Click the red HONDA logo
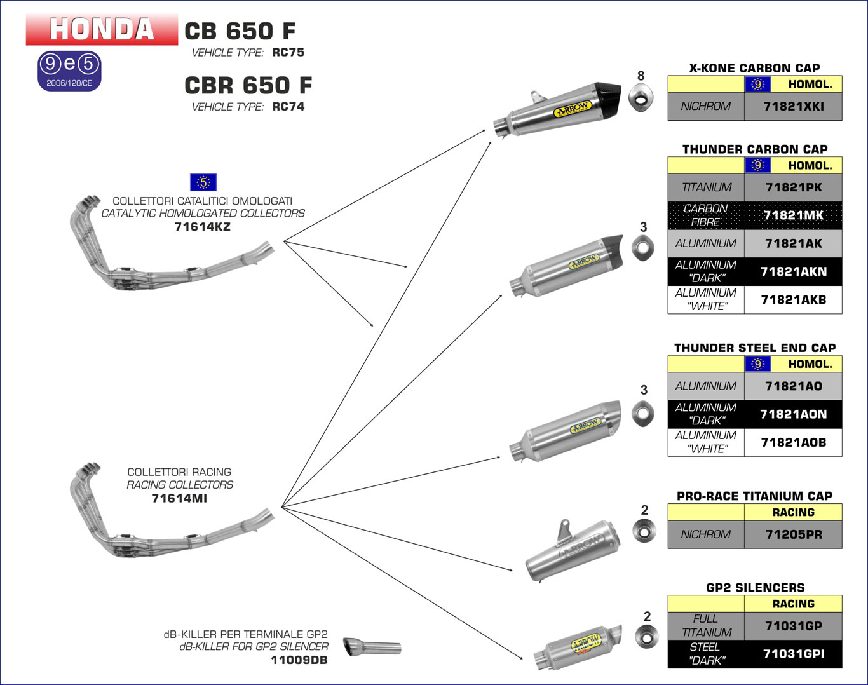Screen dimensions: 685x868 pyautogui.click(x=102, y=29)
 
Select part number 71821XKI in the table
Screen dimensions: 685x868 pyautogui.click(x=793, y=107)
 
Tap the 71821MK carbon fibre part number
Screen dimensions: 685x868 pyautogui.click(x=793, y=215)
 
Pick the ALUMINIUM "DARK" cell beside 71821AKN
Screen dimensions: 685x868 pyautogui.click(x=705, y=271)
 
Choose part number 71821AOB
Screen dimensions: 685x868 pyautogui.click(x=793, y=442)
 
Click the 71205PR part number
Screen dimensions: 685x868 pyautogui.click(x=793, y=535)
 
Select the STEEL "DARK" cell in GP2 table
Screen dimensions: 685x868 pyautogui.click(x=705, y=654)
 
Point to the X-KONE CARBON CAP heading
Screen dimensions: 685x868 pyautogui.click(x=754, y=68)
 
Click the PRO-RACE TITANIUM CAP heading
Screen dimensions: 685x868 pyautogui.click(x=754, y=496)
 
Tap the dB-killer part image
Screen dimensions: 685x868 pyautogui.click(x=372, y=647)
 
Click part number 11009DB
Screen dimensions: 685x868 pyautogui.click(x=299, y=660)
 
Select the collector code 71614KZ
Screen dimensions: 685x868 pyautogui.click(x=202, y=227)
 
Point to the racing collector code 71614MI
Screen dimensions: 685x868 pyautogui.click(x=179, y=499)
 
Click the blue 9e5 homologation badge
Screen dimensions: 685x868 pyautogui.click(x=69, y=70)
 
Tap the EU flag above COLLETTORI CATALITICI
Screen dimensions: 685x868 pyautogui.click(x=203, y=182)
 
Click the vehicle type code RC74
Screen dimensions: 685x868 pyautogui.click(x=288, y=107)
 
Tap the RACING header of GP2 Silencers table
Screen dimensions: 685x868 pyautogui.click(x=793, y=604)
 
